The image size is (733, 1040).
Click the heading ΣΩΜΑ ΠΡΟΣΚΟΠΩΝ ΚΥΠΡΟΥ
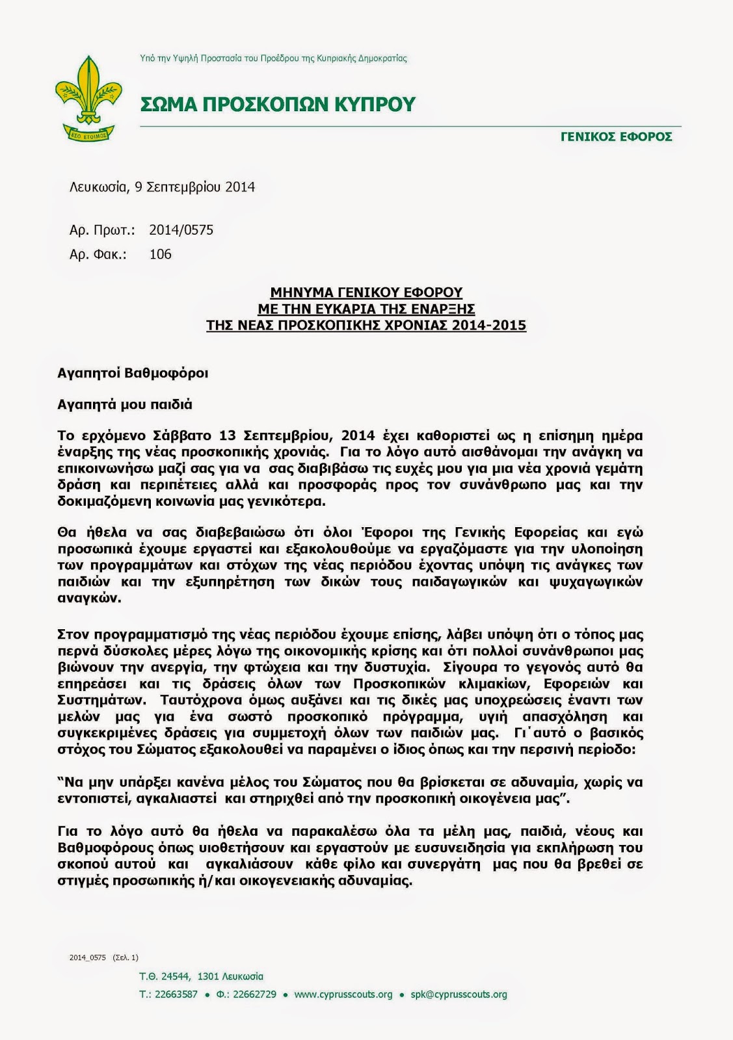coord(278,104)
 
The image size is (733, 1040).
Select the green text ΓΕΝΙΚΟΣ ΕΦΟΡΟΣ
coord(616,136)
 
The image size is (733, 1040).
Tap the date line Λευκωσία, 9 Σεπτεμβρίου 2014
coord(162,187)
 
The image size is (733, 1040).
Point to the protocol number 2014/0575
coord(181,230)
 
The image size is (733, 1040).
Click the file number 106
coord(160,254)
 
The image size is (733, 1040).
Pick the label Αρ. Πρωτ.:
coord(102,230)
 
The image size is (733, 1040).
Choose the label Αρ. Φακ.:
coord(98,254)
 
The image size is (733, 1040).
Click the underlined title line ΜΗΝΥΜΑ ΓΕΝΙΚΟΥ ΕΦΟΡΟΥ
coord(366,292)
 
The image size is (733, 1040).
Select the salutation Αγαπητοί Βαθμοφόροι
coord(133,373)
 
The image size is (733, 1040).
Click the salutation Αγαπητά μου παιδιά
coord(125,404)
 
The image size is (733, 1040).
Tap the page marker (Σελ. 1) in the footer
coord(126,957)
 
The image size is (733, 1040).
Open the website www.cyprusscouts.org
coord(343,994)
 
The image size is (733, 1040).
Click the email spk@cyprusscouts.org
coord(459,994)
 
